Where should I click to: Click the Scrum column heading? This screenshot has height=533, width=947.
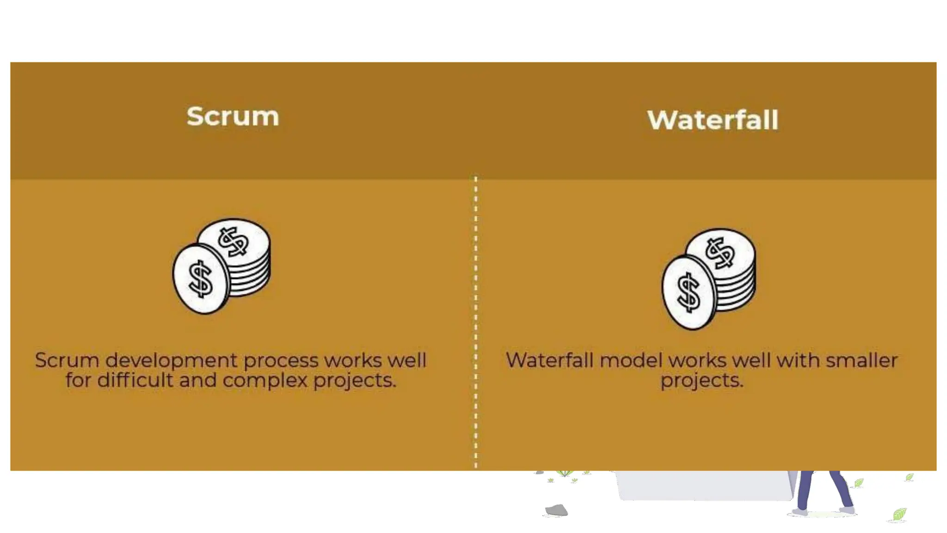tap(233, 116)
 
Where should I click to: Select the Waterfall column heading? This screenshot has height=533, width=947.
tap(713, 120)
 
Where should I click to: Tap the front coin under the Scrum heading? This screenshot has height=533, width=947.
tap(201, 279)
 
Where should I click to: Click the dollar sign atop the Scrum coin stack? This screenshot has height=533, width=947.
tap(234, 242)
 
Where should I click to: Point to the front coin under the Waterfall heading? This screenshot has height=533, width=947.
tap(689, 293)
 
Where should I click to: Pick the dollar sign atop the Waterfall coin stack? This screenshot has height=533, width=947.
tap(719, 253)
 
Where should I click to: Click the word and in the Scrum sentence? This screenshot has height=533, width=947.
tap(198, 380)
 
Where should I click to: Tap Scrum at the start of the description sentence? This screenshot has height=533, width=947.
tap(67, 360)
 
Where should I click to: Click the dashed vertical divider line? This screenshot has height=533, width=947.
tap(476, 324)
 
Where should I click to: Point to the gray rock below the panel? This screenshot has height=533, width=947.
tap(556, 510)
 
